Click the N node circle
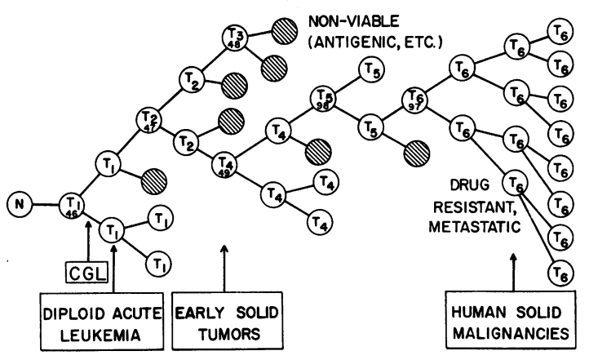point(17,202)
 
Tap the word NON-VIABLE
point(357,19)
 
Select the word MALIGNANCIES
point(513,334)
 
